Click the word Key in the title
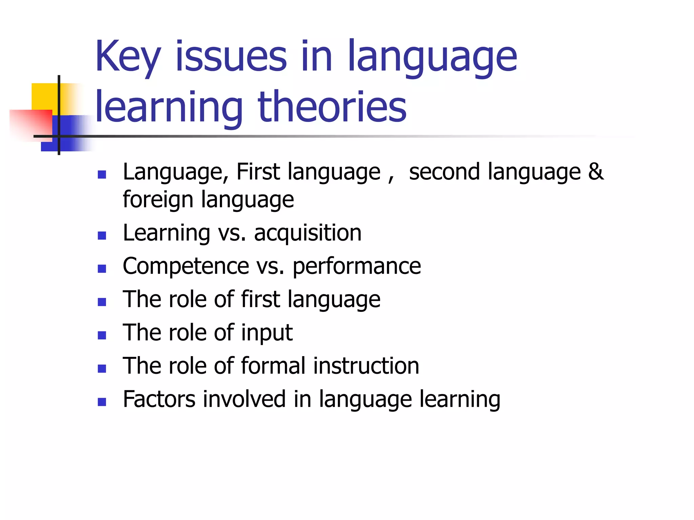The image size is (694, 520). point(127,57)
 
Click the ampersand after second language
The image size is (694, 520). point(595,171)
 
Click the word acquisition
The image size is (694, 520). point(308,233)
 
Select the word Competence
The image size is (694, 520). point(186,266)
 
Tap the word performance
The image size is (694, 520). point(356,266)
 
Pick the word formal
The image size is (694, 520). point(273,366)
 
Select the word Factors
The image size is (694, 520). point(159,399)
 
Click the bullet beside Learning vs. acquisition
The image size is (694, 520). point(102,235)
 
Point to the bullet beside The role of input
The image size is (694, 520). point(102,335)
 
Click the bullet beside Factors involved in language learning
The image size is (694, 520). point(102,402)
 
